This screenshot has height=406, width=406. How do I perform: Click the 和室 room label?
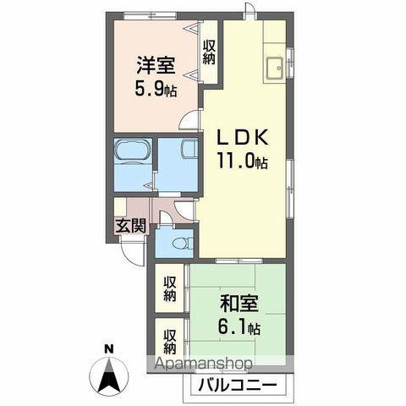pos(239,302)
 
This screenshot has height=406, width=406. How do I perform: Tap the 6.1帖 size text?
pos(240,326)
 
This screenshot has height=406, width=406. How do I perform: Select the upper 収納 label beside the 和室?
pos(169,288)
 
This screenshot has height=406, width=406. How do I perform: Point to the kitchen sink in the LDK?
pos(275,69)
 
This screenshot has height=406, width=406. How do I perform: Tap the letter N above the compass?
pos(107,348)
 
